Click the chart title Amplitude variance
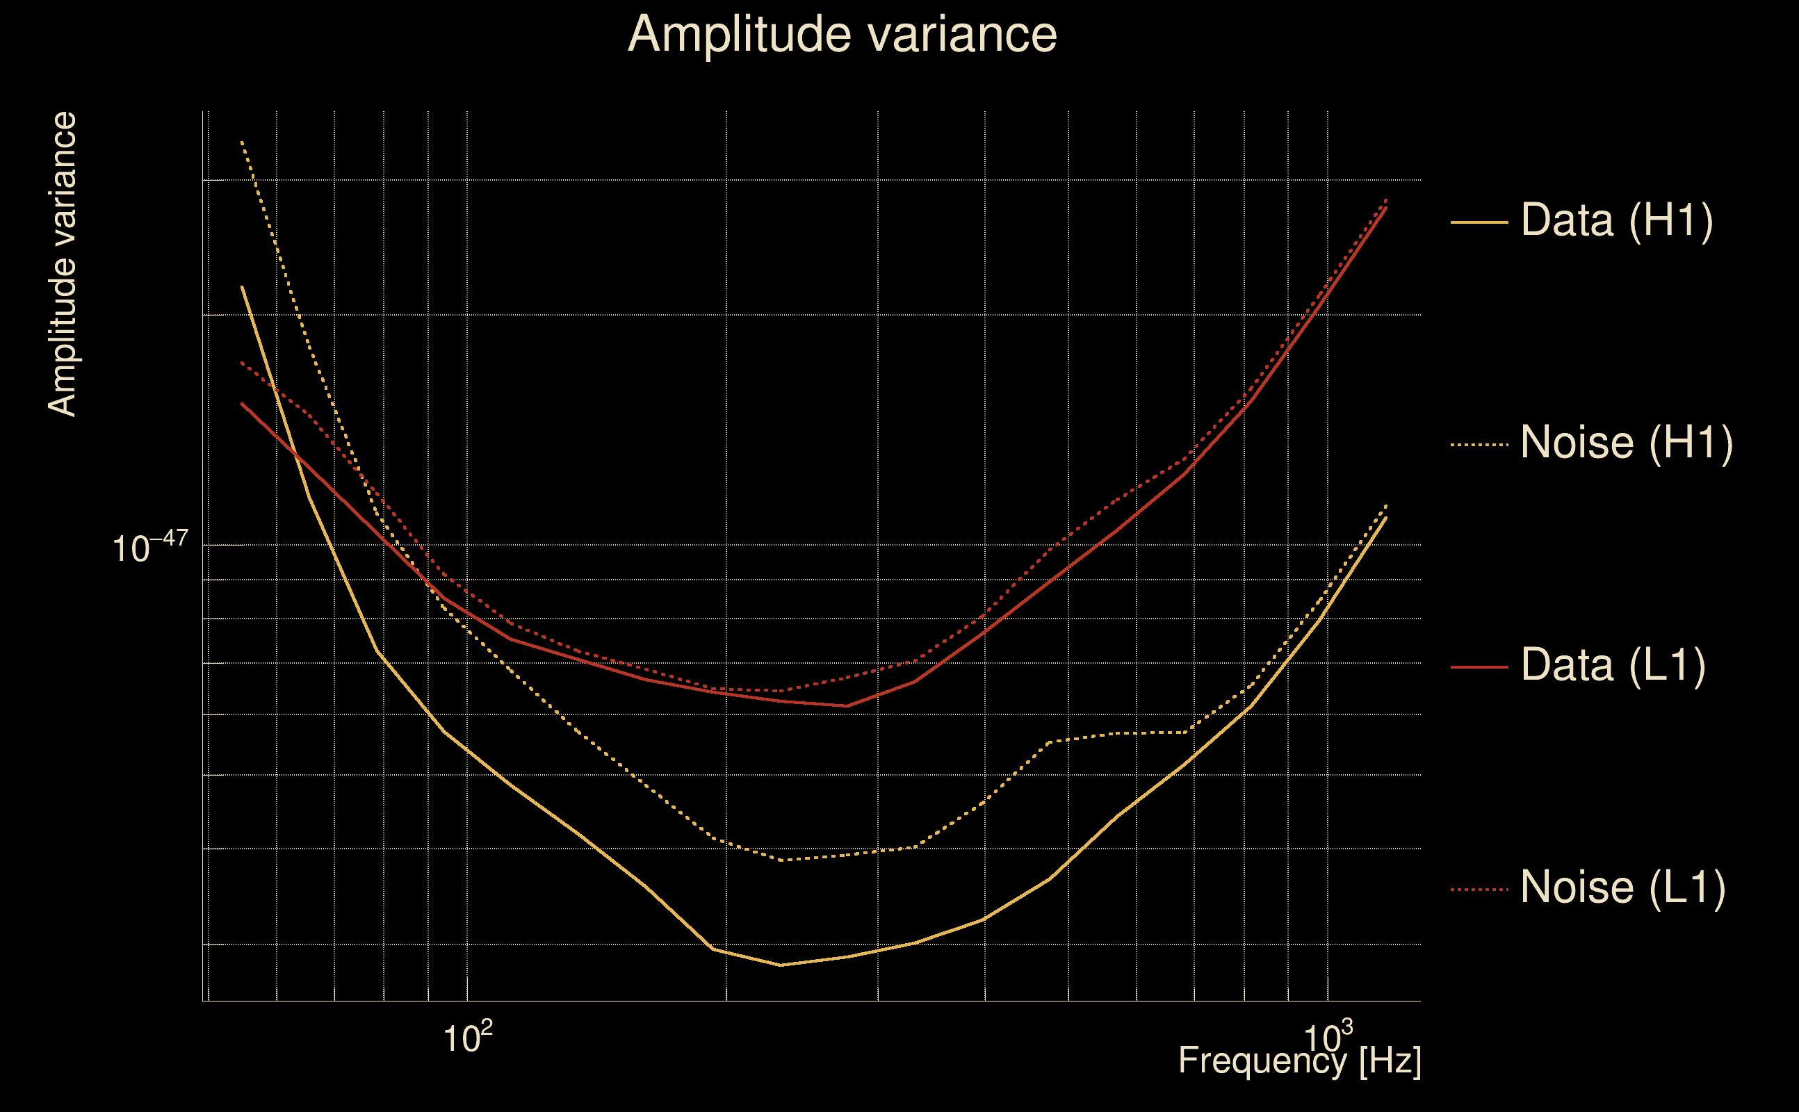(841, 35)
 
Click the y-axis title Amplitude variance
(62, 265)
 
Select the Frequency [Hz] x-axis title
(1299, 1061)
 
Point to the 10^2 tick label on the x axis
(467, 1037)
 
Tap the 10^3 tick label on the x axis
(1328, 1037)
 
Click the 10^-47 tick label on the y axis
(150, 546)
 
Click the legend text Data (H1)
(1617, 220)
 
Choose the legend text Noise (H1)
(1626, 443)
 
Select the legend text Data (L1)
(1612, 665)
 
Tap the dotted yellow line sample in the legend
(1479, 444)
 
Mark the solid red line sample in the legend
(1479, 667)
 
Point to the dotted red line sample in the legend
(1479, 889)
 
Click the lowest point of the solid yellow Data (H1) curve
(781, 965)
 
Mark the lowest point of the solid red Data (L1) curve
(847, 706)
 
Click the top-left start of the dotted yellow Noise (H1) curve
(242, 141)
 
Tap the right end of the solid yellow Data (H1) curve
(1386, 517)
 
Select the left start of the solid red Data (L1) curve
(242, 404)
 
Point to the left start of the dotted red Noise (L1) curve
(242, 363)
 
